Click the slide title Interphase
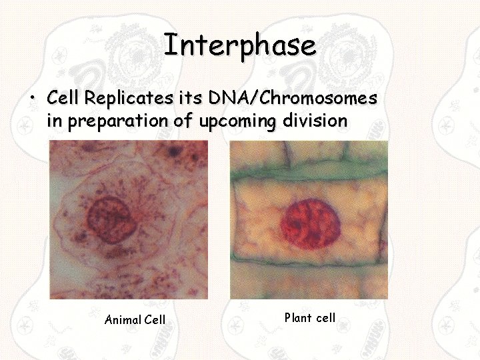point(239,46)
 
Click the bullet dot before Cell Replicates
point(31,99)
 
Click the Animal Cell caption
point(135,320)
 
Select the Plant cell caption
point(310,318)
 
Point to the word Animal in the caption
point(123,320)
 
